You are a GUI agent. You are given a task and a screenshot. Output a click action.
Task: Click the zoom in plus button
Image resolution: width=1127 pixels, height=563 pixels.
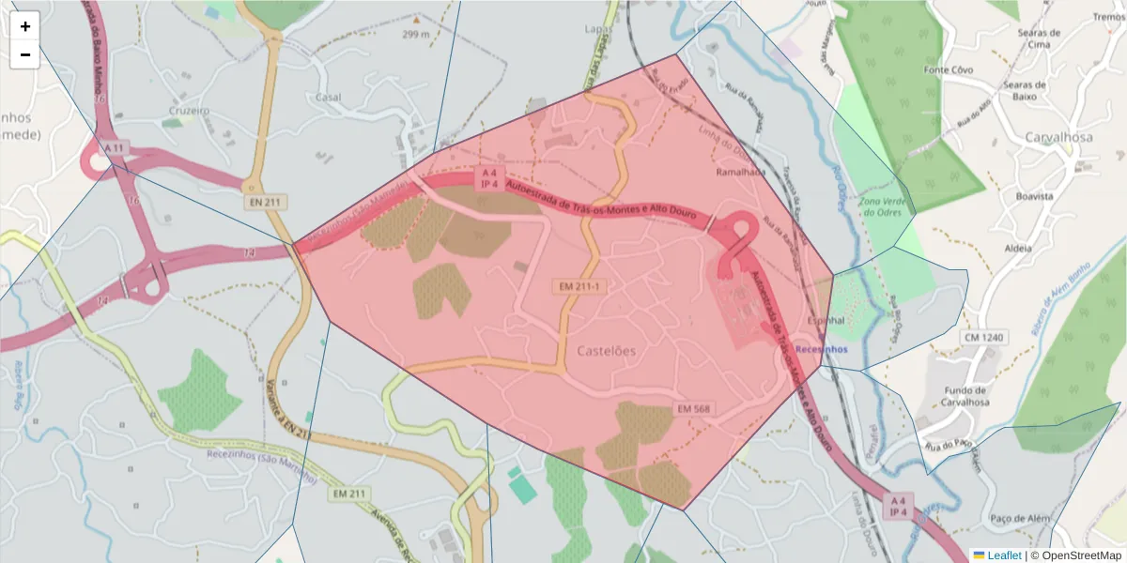coord(25,26)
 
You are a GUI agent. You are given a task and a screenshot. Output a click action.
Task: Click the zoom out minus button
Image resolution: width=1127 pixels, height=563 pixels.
coord(25,54)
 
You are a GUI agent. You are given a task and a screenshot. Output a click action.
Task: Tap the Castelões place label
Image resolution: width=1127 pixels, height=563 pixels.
coord(606,351)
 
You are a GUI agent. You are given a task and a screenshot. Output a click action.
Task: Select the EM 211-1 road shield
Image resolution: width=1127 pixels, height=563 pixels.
coord(579,285)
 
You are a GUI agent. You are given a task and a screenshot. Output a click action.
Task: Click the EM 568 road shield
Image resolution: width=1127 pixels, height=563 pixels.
coord(693,409)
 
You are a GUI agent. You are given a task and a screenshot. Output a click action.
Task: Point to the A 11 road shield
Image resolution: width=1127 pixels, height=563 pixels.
coord(115,148)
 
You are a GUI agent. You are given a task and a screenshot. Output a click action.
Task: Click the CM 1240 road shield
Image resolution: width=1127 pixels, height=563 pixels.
coord(982,337)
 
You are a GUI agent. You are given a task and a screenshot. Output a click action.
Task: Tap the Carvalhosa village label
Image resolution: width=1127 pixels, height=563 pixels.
coord(1058,137)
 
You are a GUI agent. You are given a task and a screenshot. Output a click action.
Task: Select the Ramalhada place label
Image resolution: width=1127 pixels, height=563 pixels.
coord(741,173)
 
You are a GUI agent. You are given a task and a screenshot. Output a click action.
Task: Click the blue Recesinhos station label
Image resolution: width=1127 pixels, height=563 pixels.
coord(820,349)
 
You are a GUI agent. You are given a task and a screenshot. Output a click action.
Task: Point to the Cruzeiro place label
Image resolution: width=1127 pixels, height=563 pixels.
coord(188,110)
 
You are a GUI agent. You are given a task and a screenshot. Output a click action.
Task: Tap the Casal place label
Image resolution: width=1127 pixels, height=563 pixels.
coord(329,97)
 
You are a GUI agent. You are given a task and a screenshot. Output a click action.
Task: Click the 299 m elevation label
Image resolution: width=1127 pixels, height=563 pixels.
coord(415,35)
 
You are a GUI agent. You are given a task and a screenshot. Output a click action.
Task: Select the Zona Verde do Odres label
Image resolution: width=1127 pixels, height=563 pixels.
coord(883,207)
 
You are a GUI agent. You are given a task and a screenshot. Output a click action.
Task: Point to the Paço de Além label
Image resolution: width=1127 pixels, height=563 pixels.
coord(1019,519)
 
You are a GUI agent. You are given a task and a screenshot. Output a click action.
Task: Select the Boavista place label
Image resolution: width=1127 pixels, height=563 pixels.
coord(1035,196)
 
